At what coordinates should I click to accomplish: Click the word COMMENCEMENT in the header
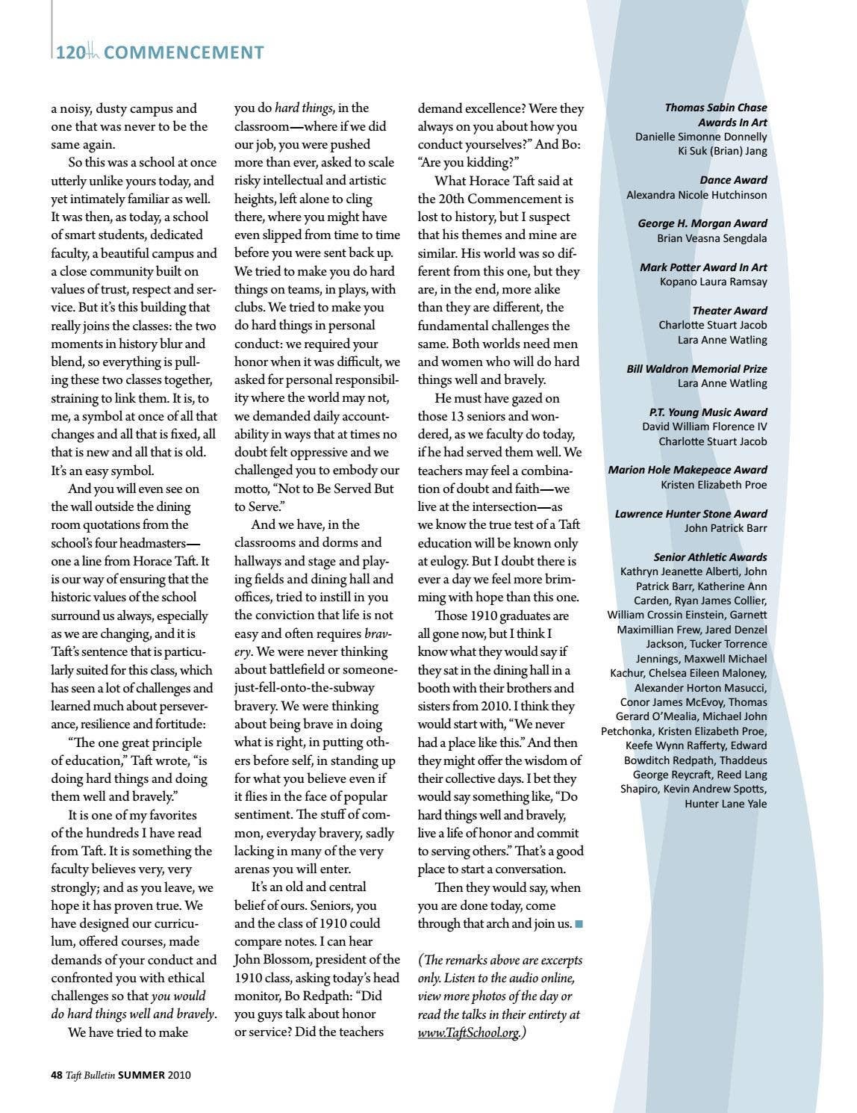pos(184,52)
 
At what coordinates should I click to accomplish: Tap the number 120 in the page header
pos(70,52)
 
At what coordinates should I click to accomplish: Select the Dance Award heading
pos(733,180)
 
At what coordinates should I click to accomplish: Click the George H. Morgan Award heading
pos(702,223)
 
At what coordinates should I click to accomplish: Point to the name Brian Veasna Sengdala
pos(711,238)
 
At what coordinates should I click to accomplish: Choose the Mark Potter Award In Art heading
pos(703,267)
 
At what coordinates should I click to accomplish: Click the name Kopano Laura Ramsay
pos(713,282)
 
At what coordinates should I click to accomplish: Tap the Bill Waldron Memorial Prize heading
pos(696,369)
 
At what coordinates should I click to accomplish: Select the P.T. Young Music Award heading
pos(708,412)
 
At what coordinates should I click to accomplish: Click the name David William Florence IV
pos(704,427)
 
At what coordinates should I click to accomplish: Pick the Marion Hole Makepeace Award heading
pos(687,470)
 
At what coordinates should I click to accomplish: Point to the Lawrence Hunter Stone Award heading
pos(691,514)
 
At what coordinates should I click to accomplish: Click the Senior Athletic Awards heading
pos(710,557)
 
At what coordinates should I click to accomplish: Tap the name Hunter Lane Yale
pos(726,804)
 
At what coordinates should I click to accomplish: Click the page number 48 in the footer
pos(56,1075)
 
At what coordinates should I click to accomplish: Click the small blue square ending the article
pos(579,924)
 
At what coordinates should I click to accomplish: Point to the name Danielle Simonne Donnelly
pos(701,137)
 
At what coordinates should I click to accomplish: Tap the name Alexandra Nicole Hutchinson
pos(696,195)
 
